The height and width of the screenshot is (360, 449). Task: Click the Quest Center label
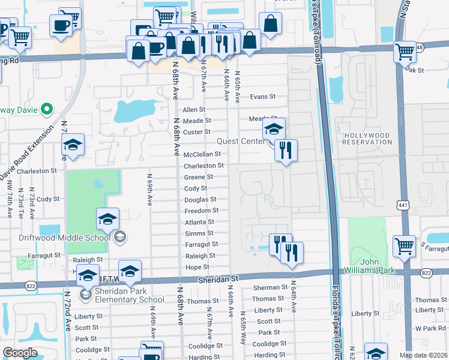click(240, 142)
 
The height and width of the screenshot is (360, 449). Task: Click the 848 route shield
click(419, 47)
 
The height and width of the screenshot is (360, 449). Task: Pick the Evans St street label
click(262, 97)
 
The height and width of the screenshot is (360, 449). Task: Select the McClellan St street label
click(202, 154)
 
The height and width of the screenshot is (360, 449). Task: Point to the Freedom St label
click(201, 211)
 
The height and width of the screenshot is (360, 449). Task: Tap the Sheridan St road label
click(218, 279)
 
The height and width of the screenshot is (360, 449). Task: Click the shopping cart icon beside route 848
click(405, 52)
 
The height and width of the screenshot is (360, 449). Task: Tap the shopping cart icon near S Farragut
click(405, 245)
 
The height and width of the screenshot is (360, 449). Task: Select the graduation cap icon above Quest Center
click(274, 128)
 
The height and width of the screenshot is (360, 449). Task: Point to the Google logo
click(20, 353)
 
